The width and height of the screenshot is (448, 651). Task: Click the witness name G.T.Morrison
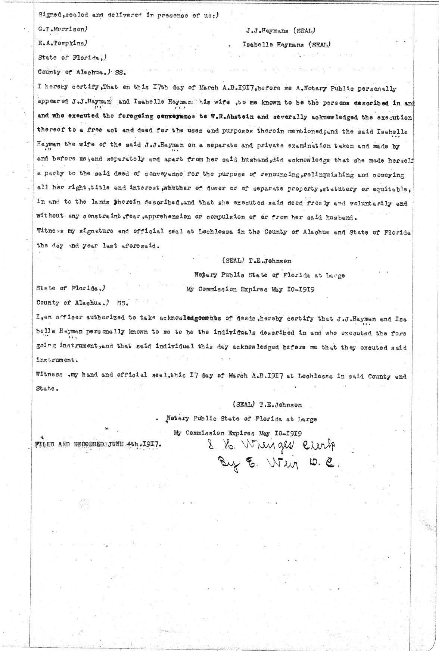[x=63, y=29]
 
